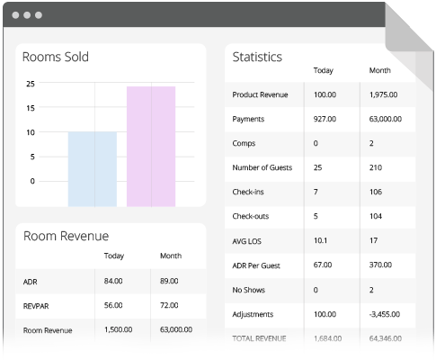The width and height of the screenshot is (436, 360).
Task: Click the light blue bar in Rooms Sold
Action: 93,169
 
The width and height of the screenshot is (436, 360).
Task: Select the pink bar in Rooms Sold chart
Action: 151,146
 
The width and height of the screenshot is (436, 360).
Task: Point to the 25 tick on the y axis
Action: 31,84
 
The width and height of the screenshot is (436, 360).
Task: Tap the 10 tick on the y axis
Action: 31,132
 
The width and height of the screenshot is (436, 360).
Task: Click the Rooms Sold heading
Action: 55,58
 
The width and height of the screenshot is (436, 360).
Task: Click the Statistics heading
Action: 257,56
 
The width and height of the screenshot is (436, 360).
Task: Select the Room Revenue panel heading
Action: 66,236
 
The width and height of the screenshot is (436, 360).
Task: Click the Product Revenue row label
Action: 261,94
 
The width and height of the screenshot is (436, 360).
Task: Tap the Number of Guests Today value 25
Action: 318,168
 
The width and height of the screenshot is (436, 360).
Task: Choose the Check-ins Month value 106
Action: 377,193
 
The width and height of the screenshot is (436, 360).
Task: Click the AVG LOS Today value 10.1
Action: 321,241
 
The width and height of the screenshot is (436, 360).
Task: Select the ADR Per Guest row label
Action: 258,266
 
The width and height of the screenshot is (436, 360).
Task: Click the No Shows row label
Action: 250,291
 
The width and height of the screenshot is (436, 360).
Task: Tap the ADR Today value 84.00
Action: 113,282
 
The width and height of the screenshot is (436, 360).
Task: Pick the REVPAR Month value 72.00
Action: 170,306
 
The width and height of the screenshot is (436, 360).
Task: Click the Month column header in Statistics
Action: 380,70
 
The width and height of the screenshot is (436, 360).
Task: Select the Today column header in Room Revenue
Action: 114,256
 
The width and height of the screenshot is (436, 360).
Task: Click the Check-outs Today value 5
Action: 316,217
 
